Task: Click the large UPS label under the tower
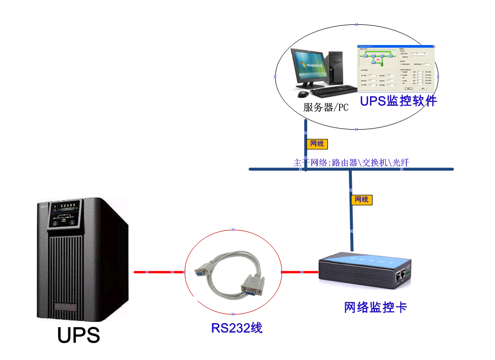pos(78,336)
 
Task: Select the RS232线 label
pos(236,328)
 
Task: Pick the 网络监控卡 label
pos(375,307)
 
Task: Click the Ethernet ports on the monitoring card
pos(401,275)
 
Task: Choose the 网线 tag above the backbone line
pos(317,144)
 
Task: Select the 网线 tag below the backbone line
pos(361,200)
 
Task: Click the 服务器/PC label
pos(326,107)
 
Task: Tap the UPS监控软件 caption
pos(398,101)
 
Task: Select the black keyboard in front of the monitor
pos(334,91)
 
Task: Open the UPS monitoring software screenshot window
pos(396,68)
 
